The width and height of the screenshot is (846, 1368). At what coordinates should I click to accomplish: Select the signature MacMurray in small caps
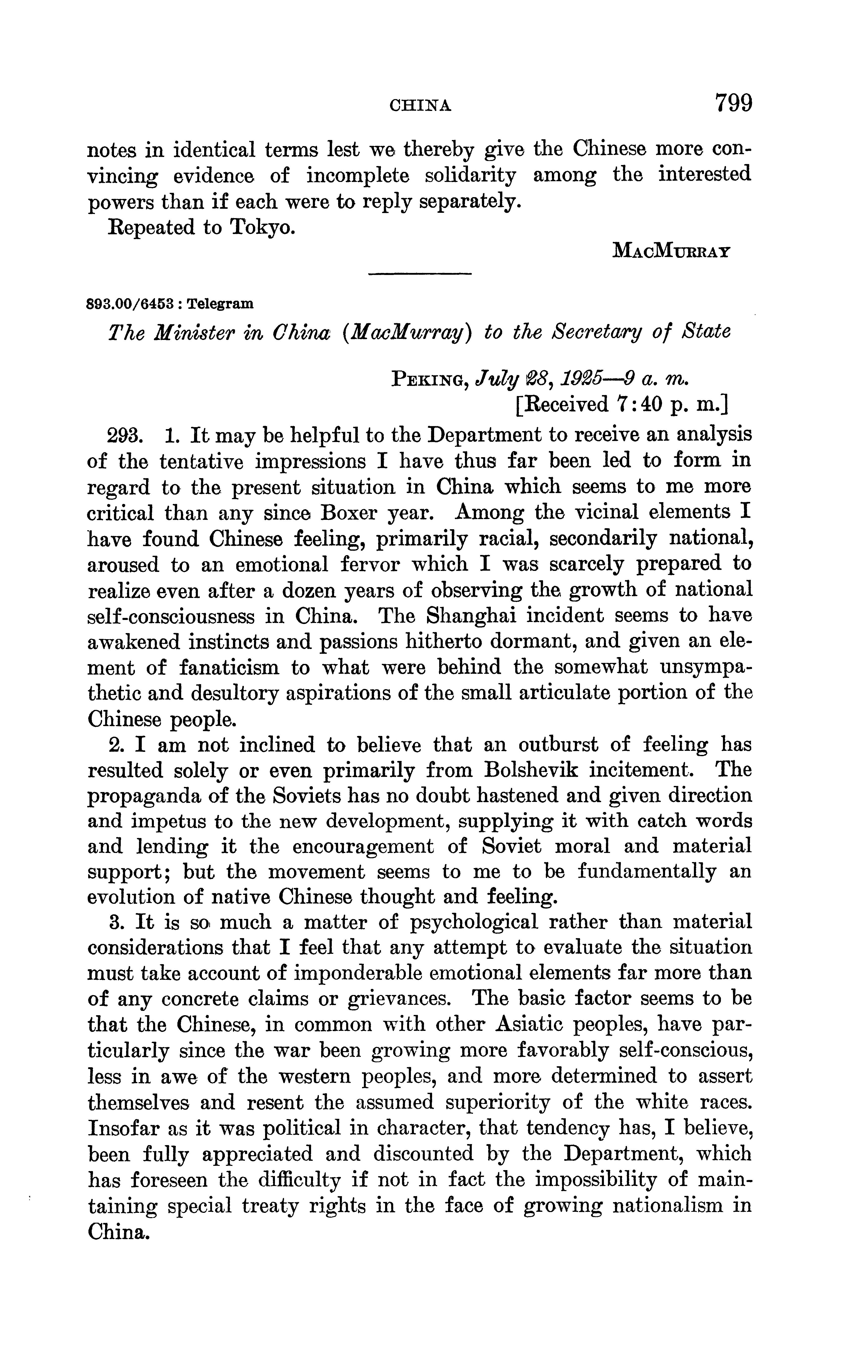click(671, 250)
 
